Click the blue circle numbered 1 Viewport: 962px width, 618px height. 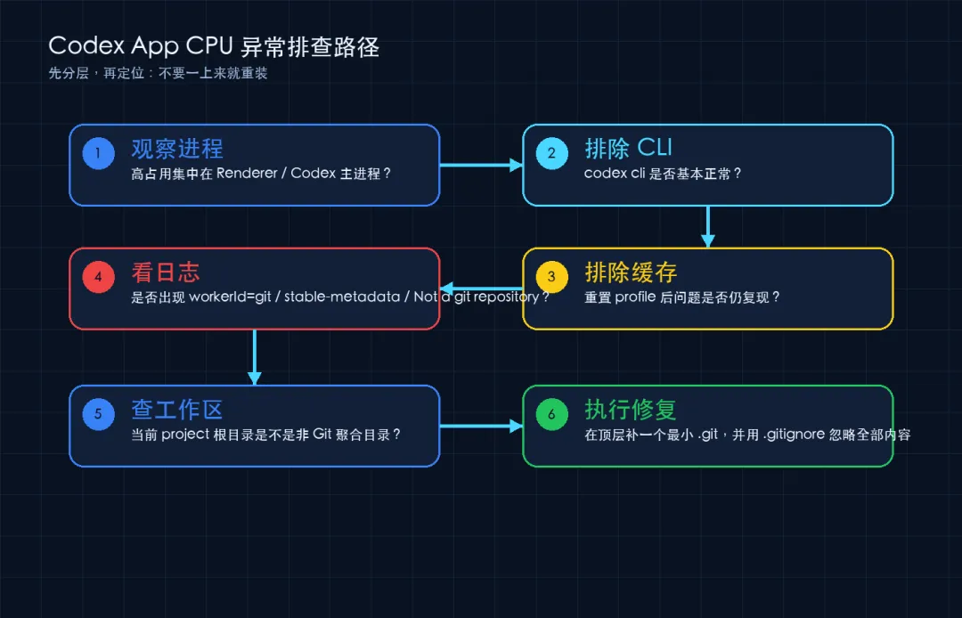point(98,153)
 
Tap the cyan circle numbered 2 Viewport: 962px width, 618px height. point(551,153)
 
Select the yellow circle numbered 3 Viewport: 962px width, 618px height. point(551,277)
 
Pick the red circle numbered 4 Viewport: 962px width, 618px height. point(98,277)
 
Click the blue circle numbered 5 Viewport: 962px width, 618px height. point(98,414)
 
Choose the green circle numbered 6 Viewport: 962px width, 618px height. point(551,414)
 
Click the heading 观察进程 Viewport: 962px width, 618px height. point(177,149)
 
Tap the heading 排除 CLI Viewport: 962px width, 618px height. point(628,148)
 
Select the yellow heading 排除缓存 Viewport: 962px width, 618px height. point(631,272)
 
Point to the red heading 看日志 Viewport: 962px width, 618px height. point(166,272)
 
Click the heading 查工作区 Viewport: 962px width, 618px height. point(177,410)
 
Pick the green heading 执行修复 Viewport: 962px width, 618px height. point(631,410)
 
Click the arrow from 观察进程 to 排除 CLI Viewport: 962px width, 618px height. point(481,165)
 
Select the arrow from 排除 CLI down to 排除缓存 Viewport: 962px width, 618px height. point(708,226)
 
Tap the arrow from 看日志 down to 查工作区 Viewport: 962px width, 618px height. point(255,357)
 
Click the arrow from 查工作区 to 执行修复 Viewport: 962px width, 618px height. point(481,427)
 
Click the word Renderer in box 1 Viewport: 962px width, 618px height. point(247,174)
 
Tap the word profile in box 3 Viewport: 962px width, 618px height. point(635,297)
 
